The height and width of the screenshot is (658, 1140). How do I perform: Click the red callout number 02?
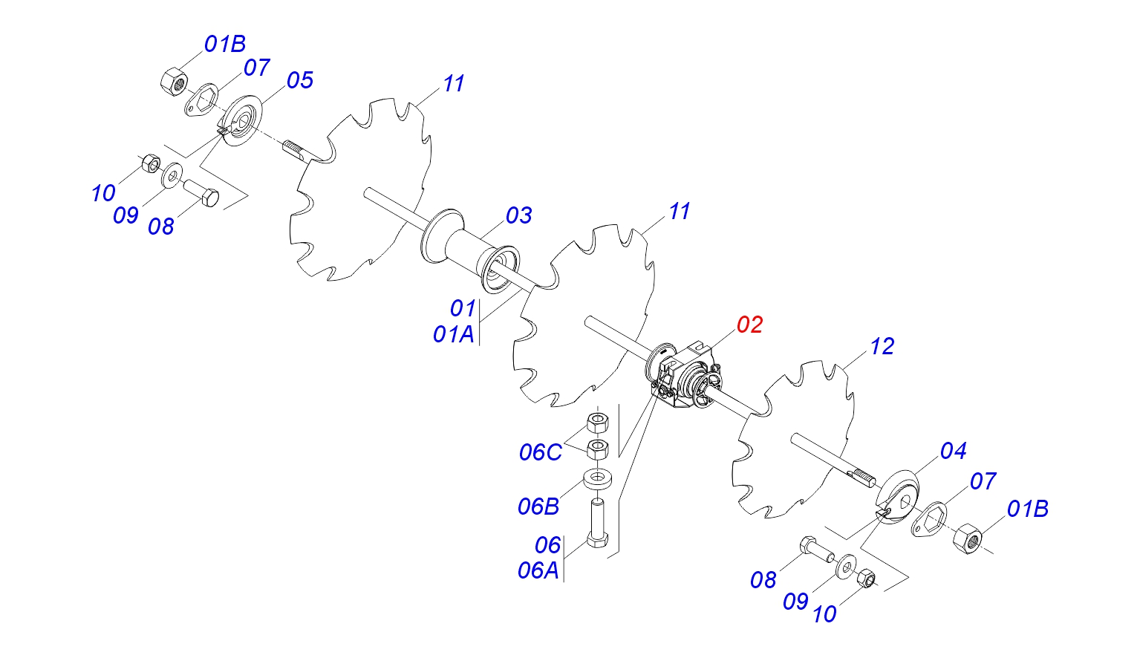tap(749, 325)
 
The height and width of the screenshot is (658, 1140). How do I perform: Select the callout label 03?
tap(518, 215)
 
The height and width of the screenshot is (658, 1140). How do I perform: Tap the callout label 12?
tap(882, 346)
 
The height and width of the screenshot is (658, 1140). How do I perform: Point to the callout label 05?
tap(300, 80)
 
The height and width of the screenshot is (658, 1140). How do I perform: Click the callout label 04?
tap(953, 451)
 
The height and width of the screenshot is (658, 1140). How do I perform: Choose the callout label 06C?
tap(541, 452)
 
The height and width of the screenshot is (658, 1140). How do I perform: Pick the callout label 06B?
tap(538, 506)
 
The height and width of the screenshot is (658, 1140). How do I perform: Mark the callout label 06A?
tap(538, 570)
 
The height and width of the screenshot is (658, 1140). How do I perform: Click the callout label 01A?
tap(454, 334)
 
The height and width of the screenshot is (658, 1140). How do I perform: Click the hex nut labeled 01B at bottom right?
tap(966, 536)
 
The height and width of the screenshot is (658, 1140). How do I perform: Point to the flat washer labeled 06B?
tap(598, 478)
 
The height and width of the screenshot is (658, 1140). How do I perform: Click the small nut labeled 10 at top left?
tap(149, 162)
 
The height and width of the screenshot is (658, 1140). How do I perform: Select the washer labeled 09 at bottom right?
tap(846, 567)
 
